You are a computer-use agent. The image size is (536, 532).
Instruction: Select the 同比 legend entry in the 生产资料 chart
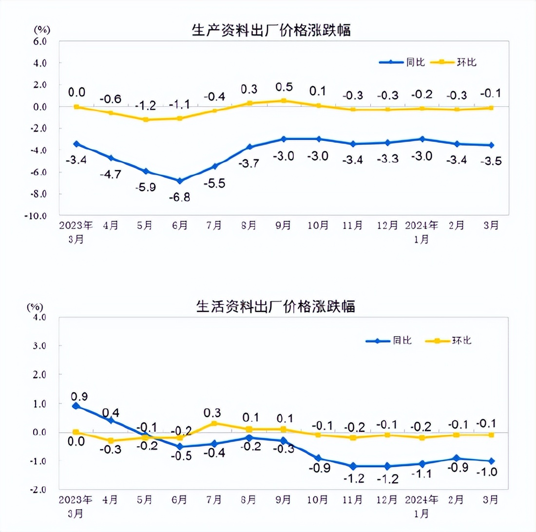(403, 62)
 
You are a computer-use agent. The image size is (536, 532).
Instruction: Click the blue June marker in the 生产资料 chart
(180, 181)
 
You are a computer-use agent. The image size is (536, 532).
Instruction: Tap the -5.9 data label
(145, 187)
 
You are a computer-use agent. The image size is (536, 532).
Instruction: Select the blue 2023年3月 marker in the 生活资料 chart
(76, 405)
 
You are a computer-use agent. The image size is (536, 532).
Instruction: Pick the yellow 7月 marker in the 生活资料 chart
(214, 423)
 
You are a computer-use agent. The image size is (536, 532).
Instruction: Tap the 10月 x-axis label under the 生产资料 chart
(318, 226)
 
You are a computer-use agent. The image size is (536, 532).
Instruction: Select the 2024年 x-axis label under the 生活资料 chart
(421, 500)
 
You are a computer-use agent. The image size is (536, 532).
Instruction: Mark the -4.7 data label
(111, 173)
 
